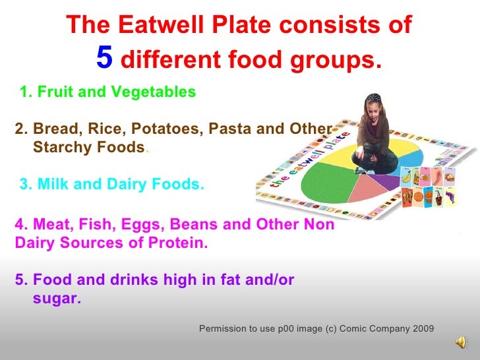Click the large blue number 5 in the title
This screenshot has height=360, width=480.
104,58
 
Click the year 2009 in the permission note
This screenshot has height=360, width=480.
421,328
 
